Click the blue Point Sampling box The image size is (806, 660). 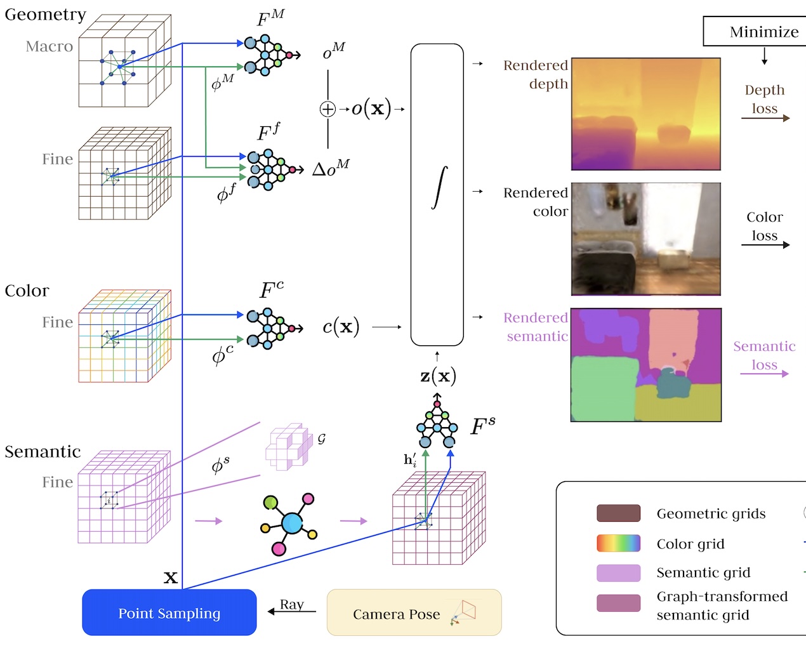click(169, 612)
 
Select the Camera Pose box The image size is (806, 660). click(414, 612)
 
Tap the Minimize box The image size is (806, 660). click(755, 31)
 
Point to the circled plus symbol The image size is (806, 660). click(327, 109)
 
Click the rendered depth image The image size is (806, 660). click(646, 114)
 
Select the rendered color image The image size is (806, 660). click(646, 239)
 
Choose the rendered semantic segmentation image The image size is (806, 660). click(646, 365)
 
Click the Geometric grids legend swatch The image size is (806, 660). click(618, 513)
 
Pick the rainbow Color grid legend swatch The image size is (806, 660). click(618, 543)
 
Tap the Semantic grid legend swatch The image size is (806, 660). click(618, 572)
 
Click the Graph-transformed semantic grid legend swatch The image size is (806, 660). click(618, 603)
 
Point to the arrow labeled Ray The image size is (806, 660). click(292, 611)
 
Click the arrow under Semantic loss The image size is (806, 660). click(764, 374)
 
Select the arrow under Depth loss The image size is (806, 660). click(765, 118)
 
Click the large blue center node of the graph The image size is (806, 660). click(292, 523)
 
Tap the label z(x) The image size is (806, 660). click(438, 376)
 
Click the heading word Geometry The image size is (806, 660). click(45, 15)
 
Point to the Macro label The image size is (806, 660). click(50, 46)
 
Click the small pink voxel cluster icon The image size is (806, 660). click(289, 446)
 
